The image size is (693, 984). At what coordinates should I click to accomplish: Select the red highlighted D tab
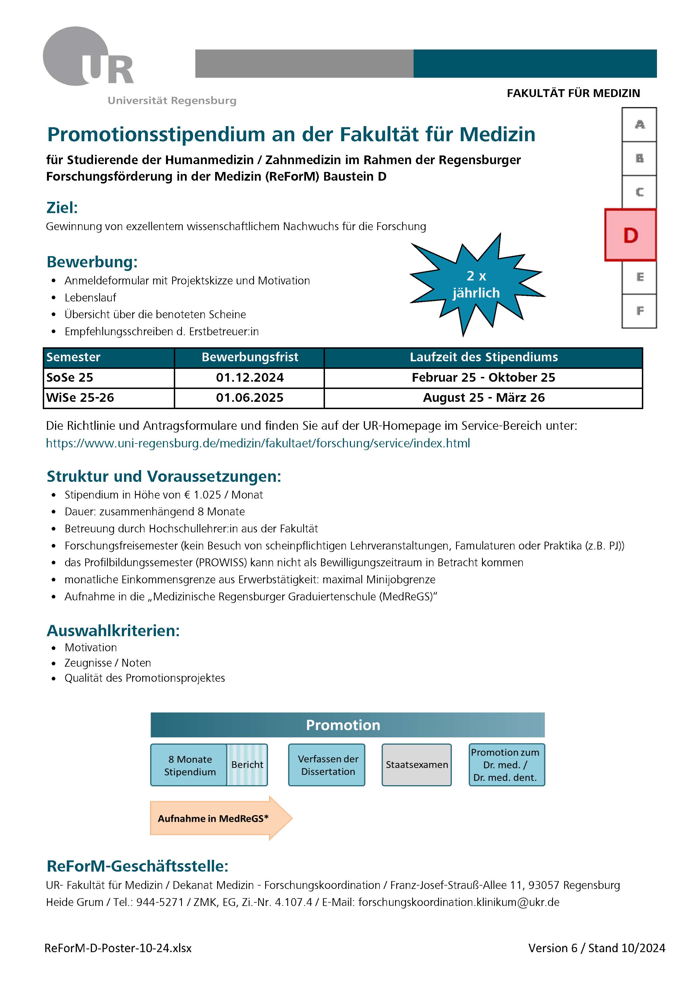click(630, 235)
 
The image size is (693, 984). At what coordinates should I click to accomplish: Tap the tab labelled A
click(639, 125)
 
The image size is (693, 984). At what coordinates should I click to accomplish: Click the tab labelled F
click(639, 311)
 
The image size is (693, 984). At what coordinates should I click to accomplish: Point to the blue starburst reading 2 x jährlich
click(476, 284)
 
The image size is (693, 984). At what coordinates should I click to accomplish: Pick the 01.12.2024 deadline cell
click(250, 377)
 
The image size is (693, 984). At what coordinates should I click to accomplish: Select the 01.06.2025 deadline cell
click(250, 398)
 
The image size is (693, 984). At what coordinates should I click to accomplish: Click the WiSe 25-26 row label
click(80, 398)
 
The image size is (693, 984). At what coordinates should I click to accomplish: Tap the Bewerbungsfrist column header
click(250, 357)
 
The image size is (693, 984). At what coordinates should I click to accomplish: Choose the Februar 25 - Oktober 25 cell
click(483, 377)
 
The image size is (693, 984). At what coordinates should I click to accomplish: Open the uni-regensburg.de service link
click(258, 443)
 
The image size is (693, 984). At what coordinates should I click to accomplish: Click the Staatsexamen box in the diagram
click(417, 764)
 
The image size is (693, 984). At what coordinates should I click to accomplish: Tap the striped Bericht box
click(247, 764)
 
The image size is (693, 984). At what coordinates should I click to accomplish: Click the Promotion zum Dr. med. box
click(506, 764)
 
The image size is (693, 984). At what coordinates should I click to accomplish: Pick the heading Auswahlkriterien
click(113, 631)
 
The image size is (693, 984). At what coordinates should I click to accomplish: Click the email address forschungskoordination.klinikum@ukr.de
click(459, 902)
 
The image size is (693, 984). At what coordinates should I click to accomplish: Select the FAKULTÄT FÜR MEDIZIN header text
click(573, 93)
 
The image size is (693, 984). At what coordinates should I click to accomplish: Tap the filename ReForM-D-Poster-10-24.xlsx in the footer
click(118, 948)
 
